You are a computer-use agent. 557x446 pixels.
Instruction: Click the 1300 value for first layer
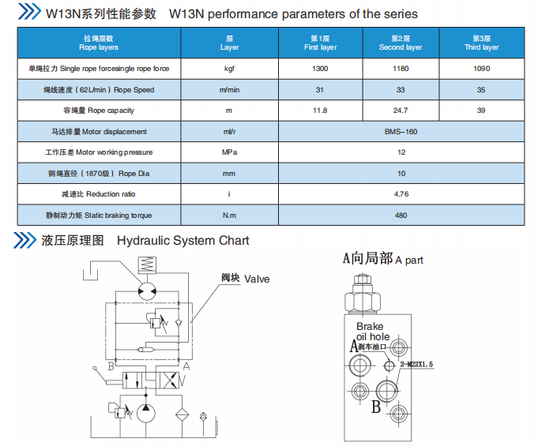click(319, 69)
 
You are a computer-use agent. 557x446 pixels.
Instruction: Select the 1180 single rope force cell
click(401, 69)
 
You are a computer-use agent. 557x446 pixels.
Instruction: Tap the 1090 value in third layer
click(481, 69)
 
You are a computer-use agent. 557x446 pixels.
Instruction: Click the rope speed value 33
click(401, 90)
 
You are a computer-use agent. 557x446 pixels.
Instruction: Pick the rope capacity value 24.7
click(401, 111)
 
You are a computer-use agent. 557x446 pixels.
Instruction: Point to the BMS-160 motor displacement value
click(401, 132)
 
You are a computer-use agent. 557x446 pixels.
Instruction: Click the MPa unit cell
click(229, 152)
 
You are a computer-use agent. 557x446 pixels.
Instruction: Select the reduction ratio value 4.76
click(401, 194)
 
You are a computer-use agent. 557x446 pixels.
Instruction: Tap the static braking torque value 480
click(401, 216)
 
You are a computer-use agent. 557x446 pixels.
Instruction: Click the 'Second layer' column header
click(401, 43)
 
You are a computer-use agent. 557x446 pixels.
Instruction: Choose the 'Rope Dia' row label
click(97, 174)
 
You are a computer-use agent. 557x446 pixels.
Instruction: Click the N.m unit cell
click(229, 216)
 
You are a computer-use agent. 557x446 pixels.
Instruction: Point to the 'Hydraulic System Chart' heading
click(183, 241)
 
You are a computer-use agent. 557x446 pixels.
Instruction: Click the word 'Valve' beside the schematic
click(257, 279)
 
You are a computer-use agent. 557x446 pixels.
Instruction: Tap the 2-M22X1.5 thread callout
click(417, 365)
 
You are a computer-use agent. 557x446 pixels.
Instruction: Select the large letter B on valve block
click(376, 407)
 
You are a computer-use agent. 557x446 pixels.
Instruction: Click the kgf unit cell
click(229, 69)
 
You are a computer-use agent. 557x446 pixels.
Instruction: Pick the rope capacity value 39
click(481, 111)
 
